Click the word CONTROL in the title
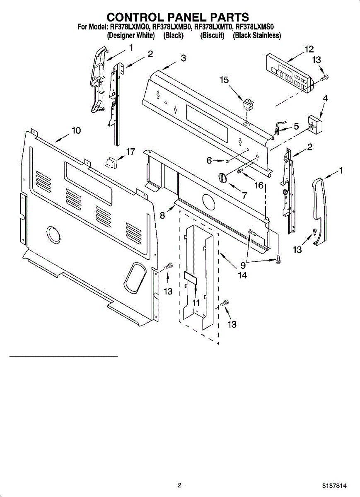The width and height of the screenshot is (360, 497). pyautogui.click(x=137, y=17)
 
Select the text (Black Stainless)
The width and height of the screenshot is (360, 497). pyautogui.click(x=257, y=36)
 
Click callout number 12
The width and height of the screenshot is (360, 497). pyautogui.click(x=309, y=49)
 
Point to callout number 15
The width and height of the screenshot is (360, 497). pyautogui.click(x=224, y=80)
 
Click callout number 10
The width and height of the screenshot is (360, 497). pyautogui.click(x=76, y=130)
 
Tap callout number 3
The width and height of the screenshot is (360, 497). pyautogui.click(x=183, y=58)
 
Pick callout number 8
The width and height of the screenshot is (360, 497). pyautogui.click(x=163, y=215)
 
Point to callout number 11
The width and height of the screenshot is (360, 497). pyautogui.click(x=196, y=303)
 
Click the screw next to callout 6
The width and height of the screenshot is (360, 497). pyautogui.click(x=228, y=161)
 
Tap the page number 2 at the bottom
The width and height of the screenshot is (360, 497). pyautogui.click(x=179, y=485)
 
